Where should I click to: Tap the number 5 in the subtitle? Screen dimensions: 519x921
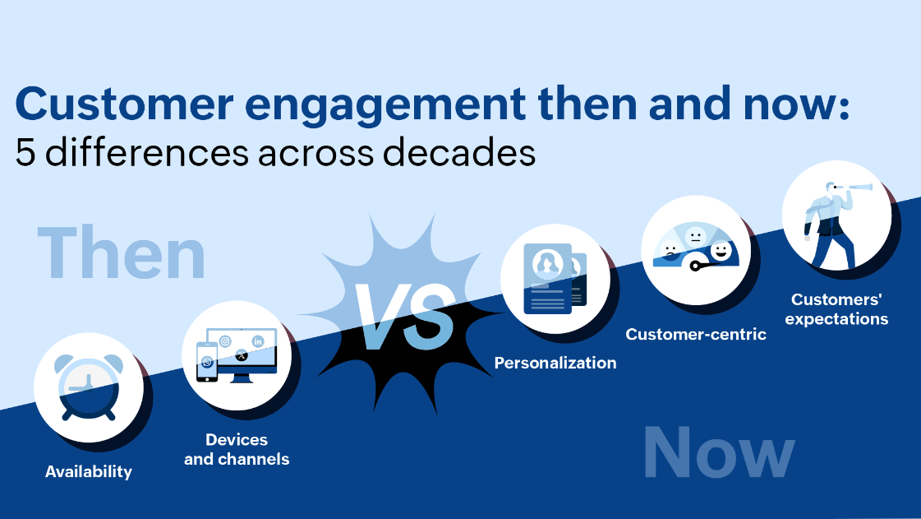click(25, 153)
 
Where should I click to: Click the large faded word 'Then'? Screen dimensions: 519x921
click(122, 254)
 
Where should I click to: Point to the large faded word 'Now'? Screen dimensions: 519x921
click(718, 454)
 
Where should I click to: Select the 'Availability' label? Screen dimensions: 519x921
click(89, 471)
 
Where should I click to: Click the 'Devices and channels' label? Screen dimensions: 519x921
click(237, 449)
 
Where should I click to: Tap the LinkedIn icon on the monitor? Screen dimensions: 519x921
click(258, 341)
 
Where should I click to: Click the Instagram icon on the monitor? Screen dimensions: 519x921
click(225, 341)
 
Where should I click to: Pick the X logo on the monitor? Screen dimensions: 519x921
click(241, 355)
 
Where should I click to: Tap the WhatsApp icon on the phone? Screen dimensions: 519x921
click(207, 363)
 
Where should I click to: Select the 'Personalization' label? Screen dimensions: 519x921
click(555, 363)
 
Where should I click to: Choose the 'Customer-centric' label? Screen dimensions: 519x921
click(696, 334)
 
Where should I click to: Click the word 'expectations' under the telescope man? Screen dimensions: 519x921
click(836, 318)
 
